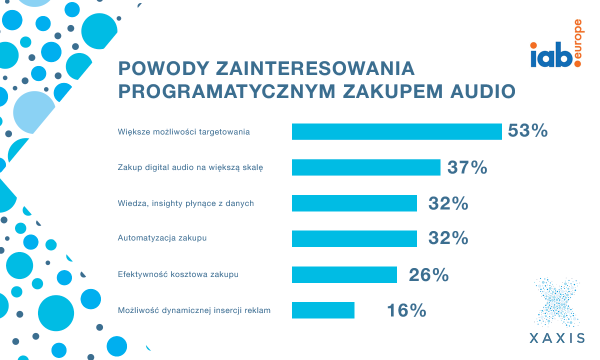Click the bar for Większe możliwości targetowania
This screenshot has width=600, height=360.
click(x=396, y=131)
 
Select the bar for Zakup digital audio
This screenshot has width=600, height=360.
click(x=366, y=167)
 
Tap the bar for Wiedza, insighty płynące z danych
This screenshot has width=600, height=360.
click(x=354, y=203)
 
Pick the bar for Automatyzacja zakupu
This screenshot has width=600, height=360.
click(x=354, y=238)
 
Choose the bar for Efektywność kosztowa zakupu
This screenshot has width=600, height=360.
click(x=344, y=274)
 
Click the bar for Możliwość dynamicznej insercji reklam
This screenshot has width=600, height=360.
click(x=323, y=310)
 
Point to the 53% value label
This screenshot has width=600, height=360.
click(x=528, y=131)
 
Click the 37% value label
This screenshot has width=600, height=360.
click(x=467, y=167)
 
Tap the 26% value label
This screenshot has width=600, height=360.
click(x=428, y=274)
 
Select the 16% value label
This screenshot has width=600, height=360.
click(x=406, y=310)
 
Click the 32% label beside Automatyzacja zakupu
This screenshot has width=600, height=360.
click(x=448, y=238)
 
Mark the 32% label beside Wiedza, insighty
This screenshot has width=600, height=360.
click(x=448, y=203)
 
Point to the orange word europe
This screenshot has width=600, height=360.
click(x=578, y=43)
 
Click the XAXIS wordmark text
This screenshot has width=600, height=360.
click(x=557, y=337)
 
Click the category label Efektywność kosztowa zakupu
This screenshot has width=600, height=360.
click(x=178, y=274)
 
